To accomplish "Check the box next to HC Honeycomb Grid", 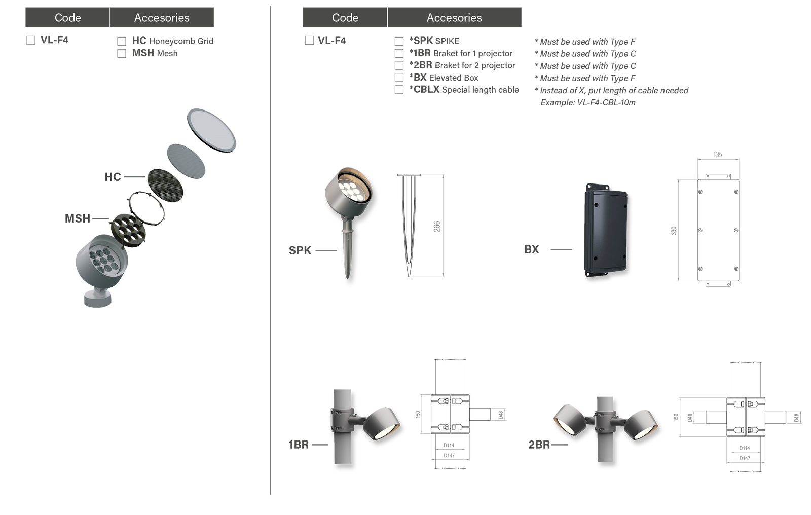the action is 122,41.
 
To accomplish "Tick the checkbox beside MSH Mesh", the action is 122,53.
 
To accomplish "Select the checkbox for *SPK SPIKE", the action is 399,41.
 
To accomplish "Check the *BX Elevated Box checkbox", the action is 399,78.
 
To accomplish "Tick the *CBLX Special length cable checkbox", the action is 399,89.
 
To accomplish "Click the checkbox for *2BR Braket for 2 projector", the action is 399,65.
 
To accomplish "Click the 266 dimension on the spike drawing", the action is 437,227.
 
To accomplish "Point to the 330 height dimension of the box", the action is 674,231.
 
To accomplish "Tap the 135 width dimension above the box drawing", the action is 718,155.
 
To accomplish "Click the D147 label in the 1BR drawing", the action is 449,456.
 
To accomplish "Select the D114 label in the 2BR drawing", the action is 745,448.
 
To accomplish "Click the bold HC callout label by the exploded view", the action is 113,177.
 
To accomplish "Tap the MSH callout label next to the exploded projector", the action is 78,218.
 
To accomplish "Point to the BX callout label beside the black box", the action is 532,249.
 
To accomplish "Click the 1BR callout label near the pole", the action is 299,445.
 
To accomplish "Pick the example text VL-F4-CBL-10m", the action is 606,102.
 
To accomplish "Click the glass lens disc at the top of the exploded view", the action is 211,130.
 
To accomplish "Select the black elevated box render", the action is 605,230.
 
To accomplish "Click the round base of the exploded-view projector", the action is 97,299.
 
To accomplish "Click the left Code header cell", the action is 68,17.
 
